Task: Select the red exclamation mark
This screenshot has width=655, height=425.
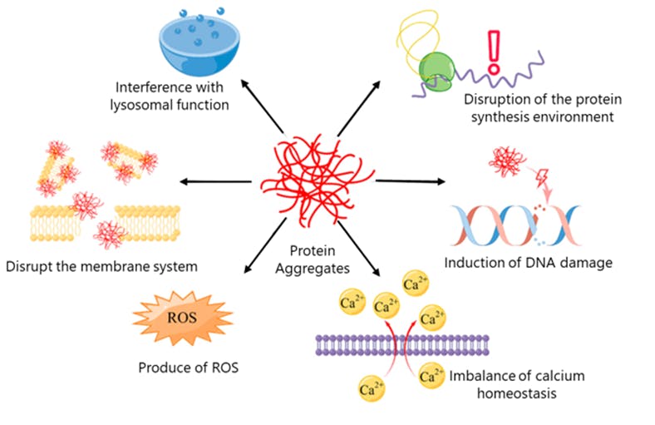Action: pyautogui.click(x=495, y=48)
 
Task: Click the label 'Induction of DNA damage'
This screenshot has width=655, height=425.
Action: pyautogui.click(x=528, y=264)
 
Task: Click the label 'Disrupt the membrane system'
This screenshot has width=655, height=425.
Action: pyautogui.click(x=101, y=267)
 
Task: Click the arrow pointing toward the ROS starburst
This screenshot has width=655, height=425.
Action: pyautogui.click(x=261, y=252)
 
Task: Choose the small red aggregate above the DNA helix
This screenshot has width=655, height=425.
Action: pyautogui.click(x=509, y=160)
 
